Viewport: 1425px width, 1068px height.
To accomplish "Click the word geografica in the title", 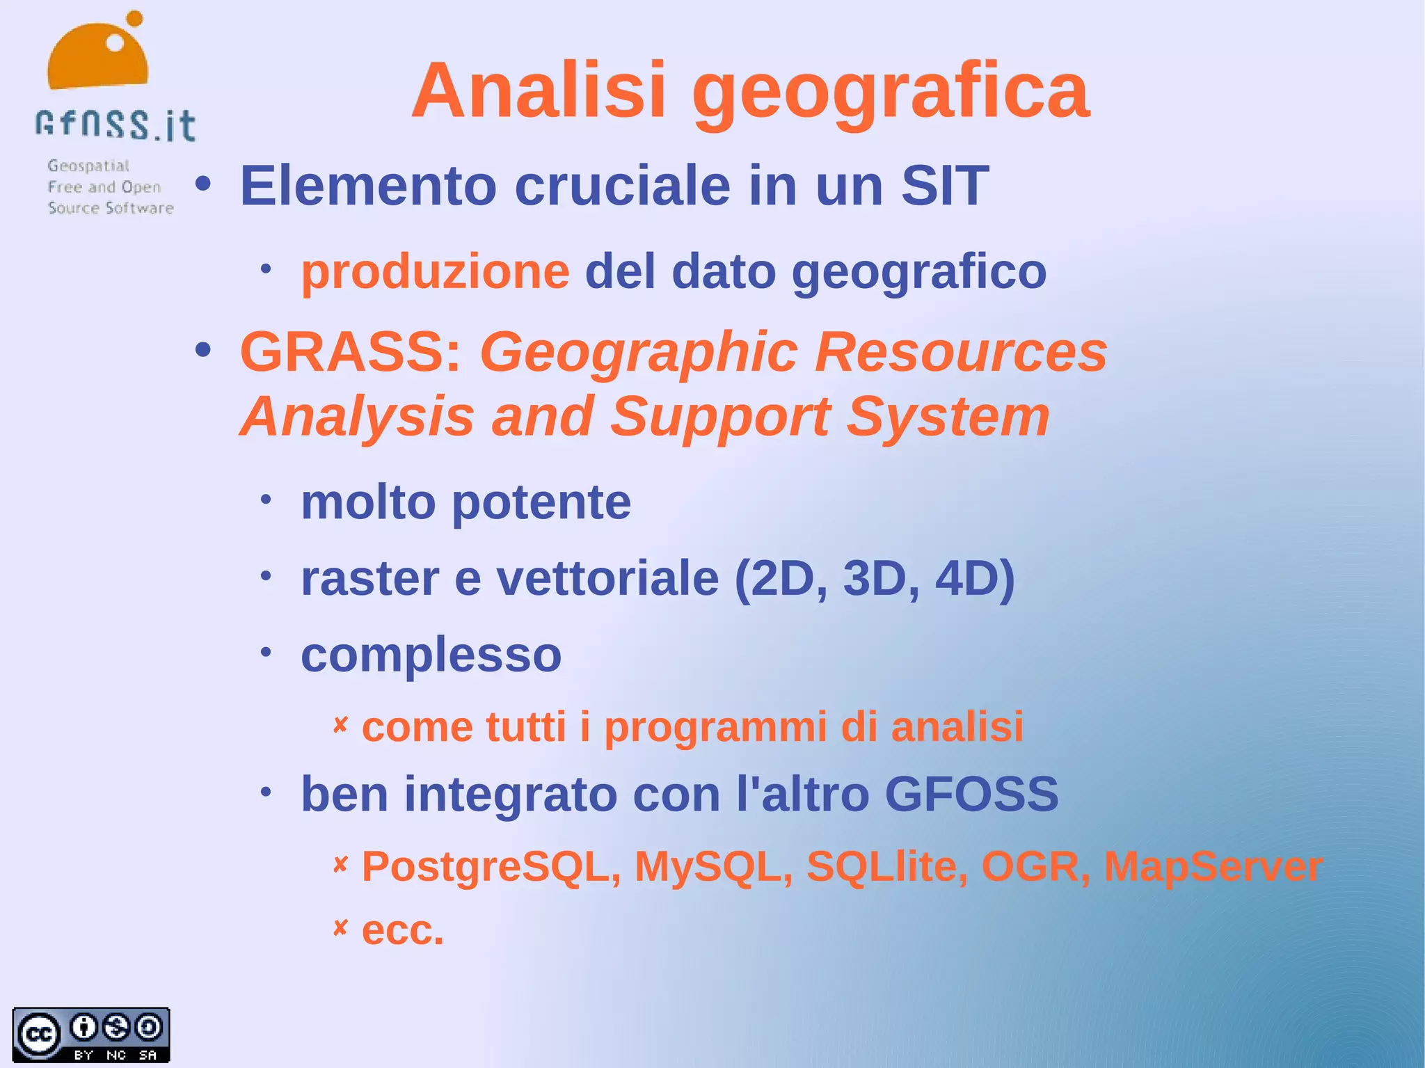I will [890, 94].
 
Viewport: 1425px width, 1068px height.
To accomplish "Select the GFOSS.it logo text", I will [116, 125].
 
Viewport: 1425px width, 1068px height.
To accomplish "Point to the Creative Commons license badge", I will [91, 1035].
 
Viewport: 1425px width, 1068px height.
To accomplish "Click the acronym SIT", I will [944, 186].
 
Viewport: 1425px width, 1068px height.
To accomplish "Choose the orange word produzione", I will [435, 271].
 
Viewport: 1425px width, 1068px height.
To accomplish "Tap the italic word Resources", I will [960, 352].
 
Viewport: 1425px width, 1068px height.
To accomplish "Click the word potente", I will [541, 503].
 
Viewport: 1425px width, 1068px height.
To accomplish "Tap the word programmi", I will [716, 728].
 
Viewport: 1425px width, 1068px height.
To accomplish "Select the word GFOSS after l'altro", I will [971, 794].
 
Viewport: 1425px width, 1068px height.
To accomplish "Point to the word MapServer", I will [1213, 867].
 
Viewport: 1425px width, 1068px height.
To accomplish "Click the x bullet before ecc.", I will [340, 927].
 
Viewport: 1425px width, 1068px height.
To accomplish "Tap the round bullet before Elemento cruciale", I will [202, 184].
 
